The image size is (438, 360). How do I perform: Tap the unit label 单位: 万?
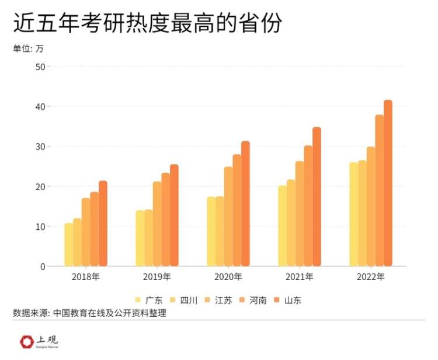(28, 49)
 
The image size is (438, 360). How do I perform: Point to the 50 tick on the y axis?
(40, 67)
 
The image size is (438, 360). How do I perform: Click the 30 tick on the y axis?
(40, 146)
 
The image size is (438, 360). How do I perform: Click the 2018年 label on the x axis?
(86, 277)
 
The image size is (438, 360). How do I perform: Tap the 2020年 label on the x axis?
(228, 277)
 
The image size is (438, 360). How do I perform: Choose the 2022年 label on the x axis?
(371, 277)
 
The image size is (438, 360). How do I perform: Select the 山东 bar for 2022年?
(388, 183)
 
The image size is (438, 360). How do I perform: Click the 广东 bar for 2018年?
(69, 245)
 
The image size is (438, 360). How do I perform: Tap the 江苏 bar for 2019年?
(157, 224)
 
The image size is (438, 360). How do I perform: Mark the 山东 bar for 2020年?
(245, 204)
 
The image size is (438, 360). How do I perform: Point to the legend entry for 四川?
(183, 300)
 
